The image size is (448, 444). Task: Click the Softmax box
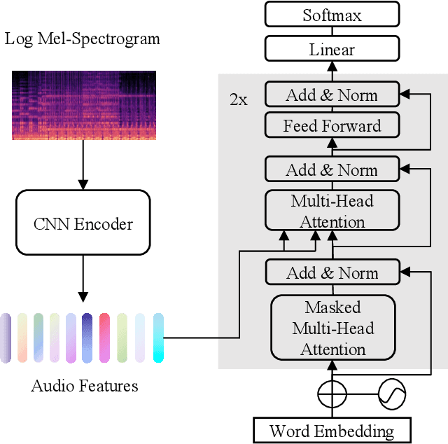332,14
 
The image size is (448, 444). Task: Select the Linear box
332,49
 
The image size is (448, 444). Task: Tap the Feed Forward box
332,126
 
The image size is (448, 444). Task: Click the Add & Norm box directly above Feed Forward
332,95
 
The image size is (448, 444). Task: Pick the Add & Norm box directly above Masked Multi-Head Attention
332,272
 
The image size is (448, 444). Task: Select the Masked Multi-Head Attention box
332,328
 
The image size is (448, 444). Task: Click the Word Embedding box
332,430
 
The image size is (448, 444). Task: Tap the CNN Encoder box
83,224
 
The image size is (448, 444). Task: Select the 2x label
238,99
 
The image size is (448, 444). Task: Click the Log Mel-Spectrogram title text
83,38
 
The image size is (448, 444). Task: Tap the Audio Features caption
85,385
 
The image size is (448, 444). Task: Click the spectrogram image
83,105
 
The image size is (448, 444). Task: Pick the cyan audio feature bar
158,338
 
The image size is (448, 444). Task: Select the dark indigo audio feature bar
87,338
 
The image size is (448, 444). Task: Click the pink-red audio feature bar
104,338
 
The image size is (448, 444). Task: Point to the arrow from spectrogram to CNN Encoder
83,165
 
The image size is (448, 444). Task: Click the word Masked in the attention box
332,307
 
